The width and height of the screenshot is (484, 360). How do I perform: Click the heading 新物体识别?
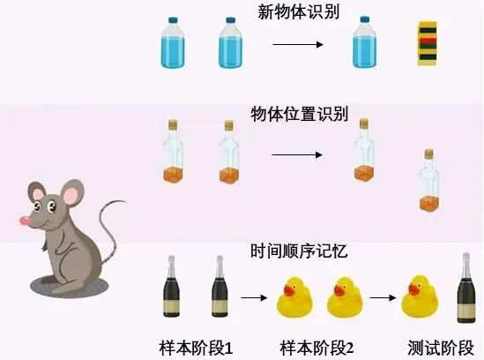(x=299, y=11)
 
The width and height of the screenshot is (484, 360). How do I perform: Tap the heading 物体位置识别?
(x=300, y=114)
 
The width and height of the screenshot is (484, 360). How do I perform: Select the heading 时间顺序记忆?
(x=299, y=251)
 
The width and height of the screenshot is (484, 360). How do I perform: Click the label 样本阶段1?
(x=196, y=348)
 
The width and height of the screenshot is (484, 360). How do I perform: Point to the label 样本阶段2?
(x=316, y=348)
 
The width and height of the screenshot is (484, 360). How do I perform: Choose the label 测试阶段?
(x=441, y=348)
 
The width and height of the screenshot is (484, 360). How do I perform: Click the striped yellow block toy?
(x=428, y=43)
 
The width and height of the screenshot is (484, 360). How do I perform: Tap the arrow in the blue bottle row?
(x=298, y=44)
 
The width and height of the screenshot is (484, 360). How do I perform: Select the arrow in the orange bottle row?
(x=297, y=154)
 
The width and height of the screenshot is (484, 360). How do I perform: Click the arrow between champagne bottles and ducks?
(x=254, y=297)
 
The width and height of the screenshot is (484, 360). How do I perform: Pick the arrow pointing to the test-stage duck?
(x=383, y=297)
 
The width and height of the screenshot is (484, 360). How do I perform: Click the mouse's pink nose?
(x=25, y=221)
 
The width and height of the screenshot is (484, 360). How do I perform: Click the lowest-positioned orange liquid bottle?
(x=429, y=181)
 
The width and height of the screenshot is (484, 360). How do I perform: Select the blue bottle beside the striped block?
(x=365, y=42)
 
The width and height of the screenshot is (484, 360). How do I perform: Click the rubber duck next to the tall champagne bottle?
(x=420, y=296)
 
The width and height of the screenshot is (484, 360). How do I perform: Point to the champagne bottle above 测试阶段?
(x=466, y=288)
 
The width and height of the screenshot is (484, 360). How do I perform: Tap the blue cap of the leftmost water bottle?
(x=173, y=20)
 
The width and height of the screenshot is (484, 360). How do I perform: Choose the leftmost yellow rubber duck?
(x=294, y=297)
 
